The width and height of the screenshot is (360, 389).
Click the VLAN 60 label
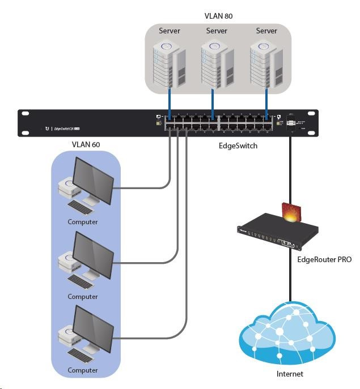(x=86, y=145)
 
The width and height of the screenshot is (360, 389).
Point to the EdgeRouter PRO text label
(x=324, y=260)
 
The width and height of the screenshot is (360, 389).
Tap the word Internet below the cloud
(x=289, y=374)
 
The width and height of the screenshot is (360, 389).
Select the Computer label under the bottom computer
(x=83, y=370)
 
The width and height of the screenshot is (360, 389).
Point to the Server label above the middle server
(x=217, y=31)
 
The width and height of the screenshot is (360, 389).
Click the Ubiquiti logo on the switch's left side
(x=47, y=129)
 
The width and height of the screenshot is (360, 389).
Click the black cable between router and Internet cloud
(x=290, y=277)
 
